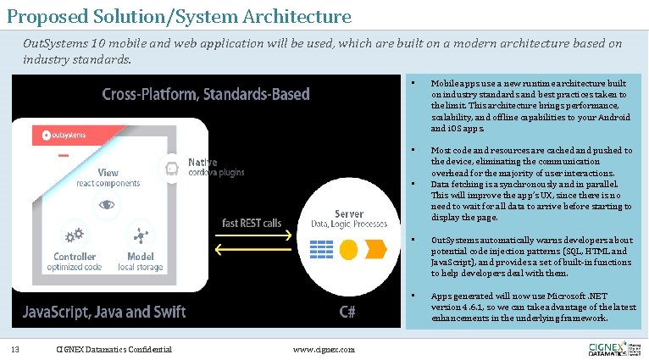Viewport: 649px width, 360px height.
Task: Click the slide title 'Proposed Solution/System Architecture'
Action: [x=178, y=15]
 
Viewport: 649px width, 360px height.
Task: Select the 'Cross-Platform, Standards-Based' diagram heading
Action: [x=206, y=94]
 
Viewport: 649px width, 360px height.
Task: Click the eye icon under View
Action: [x=107, y=204]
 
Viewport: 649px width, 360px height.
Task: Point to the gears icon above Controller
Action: [x=75, y=235]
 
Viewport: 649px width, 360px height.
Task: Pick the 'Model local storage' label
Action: [x=140, y=262]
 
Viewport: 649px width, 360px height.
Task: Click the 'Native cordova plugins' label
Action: [x=215, y=167]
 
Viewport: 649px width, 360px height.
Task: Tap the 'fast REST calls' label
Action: [x=252, y=223]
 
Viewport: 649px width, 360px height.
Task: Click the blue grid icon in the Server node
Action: [x=321, y=250]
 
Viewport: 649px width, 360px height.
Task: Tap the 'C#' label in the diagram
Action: [x=347, y=311]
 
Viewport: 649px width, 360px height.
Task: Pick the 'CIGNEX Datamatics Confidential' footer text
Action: [x=113, y=349]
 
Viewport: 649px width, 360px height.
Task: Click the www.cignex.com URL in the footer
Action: [x=323, y=349]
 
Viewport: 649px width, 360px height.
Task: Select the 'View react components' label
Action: [x=108, y=178]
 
